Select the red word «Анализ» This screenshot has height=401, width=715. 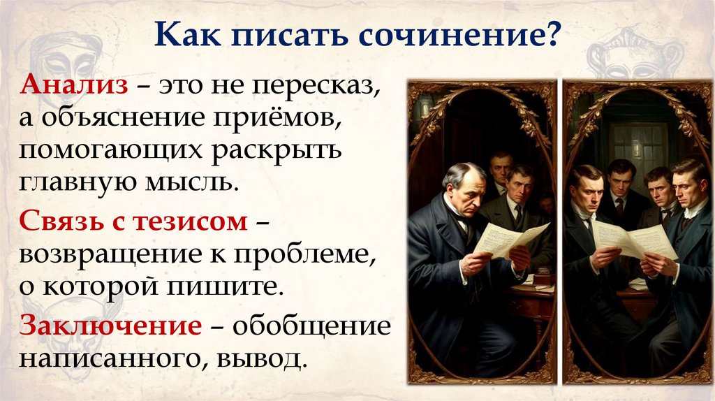(74, 87)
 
